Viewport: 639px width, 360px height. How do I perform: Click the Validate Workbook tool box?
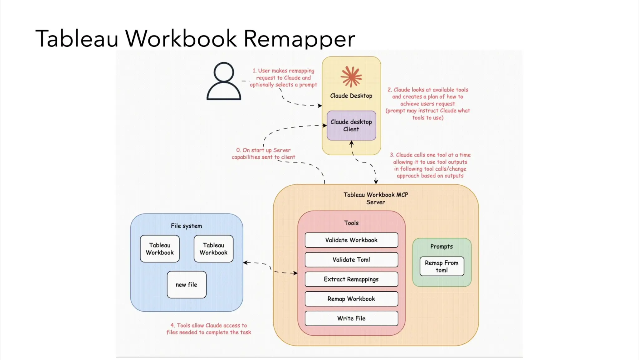351,240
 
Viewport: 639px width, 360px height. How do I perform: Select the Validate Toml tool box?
351,260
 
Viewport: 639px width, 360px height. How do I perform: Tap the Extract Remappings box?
351,279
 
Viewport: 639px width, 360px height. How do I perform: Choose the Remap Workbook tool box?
351,299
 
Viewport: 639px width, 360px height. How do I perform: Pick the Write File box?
351,318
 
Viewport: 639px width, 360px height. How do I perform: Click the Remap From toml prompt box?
441,266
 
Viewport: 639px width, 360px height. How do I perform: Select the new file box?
187,285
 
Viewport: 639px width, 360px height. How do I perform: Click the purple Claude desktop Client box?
351,125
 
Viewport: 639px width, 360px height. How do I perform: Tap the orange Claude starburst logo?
351,76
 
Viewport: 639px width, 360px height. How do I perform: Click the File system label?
186,226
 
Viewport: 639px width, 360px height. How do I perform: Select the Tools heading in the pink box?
351,223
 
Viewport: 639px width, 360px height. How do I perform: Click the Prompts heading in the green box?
441,246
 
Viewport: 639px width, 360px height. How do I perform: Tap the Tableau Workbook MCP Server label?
376,198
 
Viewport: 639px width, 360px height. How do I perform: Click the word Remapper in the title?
299,39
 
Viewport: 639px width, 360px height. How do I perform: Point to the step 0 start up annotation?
263,153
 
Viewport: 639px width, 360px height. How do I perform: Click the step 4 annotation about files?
209,329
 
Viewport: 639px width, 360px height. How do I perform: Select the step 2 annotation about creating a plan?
428,104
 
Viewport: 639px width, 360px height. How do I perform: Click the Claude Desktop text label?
351,96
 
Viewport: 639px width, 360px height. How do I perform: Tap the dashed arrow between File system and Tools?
270,268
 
